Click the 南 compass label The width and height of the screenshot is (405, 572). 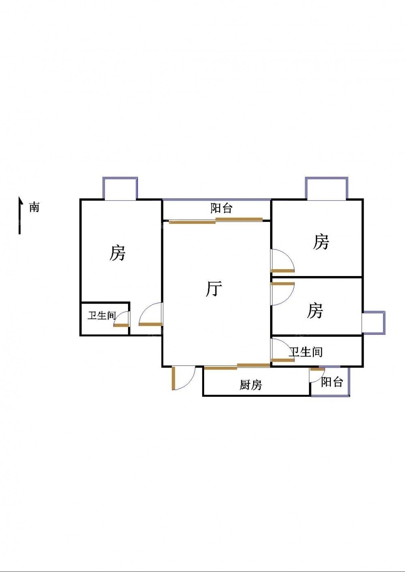(34, 207)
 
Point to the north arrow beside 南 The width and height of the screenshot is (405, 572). (19, 215)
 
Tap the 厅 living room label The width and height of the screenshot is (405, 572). (214, 289)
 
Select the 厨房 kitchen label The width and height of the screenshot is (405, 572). (250, 385)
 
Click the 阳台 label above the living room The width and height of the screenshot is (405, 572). (222, 208)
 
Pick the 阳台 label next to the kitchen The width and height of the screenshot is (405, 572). (332, 382)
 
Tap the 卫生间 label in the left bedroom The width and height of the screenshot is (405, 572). (102, 316)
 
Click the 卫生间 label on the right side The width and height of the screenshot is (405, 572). (306, 352)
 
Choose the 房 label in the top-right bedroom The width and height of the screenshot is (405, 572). (321, 242)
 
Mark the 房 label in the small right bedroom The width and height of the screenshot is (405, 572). (315, 311)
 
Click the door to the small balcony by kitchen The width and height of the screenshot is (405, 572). (316, 374)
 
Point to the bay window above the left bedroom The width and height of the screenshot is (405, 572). (120, 189)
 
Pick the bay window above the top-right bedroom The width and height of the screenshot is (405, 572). (326, 189)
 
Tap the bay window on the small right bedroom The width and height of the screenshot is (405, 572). (373, 322)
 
